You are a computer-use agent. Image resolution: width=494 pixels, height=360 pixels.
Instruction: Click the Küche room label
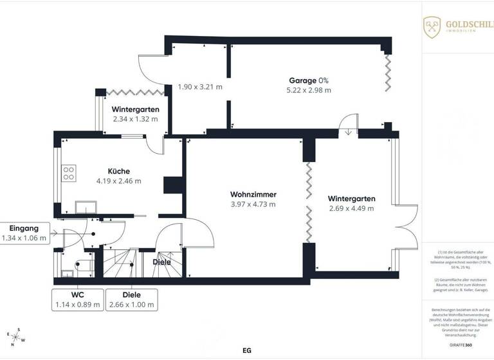point(118,171)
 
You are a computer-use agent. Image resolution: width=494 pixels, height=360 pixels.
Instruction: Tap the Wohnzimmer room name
point(253,194)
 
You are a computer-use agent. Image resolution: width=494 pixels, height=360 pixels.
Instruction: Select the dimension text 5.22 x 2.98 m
point(309,90)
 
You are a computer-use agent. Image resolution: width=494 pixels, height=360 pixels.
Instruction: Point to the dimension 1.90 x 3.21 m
point(200,86)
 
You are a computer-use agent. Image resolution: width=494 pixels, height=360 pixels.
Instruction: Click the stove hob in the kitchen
point(68,173)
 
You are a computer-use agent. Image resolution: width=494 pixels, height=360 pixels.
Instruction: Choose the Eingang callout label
point(24,233)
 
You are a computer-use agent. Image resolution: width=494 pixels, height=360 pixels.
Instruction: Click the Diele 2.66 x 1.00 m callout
point(132,299)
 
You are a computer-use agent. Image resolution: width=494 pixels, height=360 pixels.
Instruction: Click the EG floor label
point(246,351)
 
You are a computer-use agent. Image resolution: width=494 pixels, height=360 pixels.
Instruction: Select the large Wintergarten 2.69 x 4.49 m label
point(351,203)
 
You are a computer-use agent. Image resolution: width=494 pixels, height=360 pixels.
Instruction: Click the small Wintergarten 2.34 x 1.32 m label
point(135,114)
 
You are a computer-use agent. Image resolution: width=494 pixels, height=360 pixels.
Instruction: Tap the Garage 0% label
point(309,80)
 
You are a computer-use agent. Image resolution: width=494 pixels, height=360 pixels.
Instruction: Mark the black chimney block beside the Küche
point(173,185)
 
